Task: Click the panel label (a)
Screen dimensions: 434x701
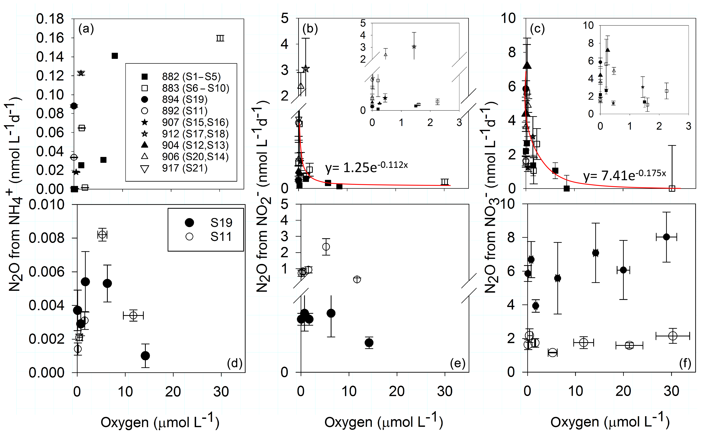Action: (x=86, y=29)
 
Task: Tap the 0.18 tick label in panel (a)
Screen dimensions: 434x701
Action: (x=50, y=19)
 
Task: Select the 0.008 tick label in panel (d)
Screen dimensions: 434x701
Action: (x=47, y=238)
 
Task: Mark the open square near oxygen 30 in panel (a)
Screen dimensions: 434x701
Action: (x=220, y=38)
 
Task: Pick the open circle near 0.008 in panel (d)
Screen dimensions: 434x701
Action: (x=103, y=235)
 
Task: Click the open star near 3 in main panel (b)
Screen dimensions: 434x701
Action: (x=305, y=69)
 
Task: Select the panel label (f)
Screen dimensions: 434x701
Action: (x=685, y=363)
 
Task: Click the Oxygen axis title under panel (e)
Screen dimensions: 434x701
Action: (x=384, y=421)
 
